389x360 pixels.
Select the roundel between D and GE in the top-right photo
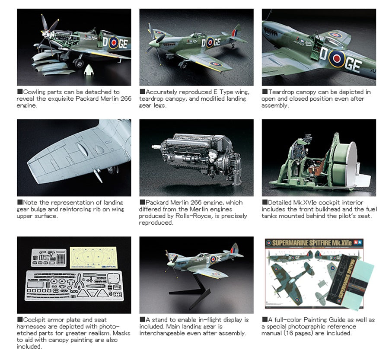(x=337, y=59)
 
